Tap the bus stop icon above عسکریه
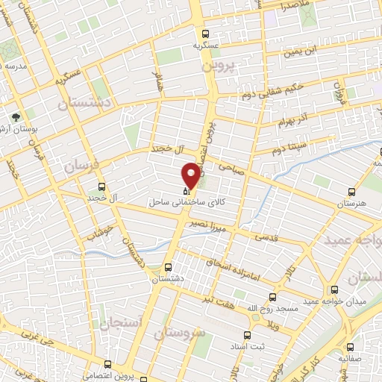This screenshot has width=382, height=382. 206,34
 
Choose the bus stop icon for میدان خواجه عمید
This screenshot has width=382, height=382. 334,289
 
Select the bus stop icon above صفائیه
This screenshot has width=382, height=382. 351,346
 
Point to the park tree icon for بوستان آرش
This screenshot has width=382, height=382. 16,116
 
